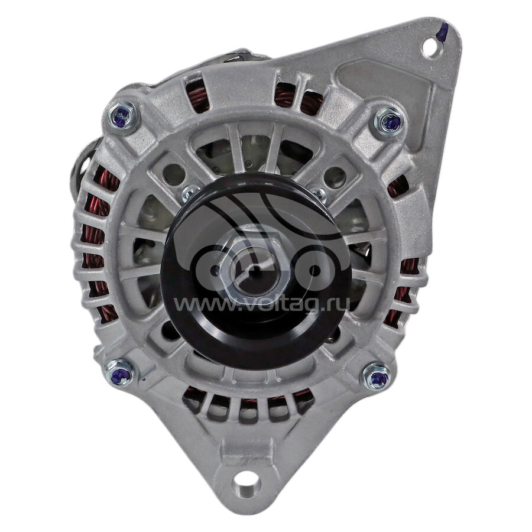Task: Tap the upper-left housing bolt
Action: click(x=121, y=115)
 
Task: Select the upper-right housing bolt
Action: click(x=390, y=121)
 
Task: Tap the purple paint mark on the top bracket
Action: click(x=441, y=32)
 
